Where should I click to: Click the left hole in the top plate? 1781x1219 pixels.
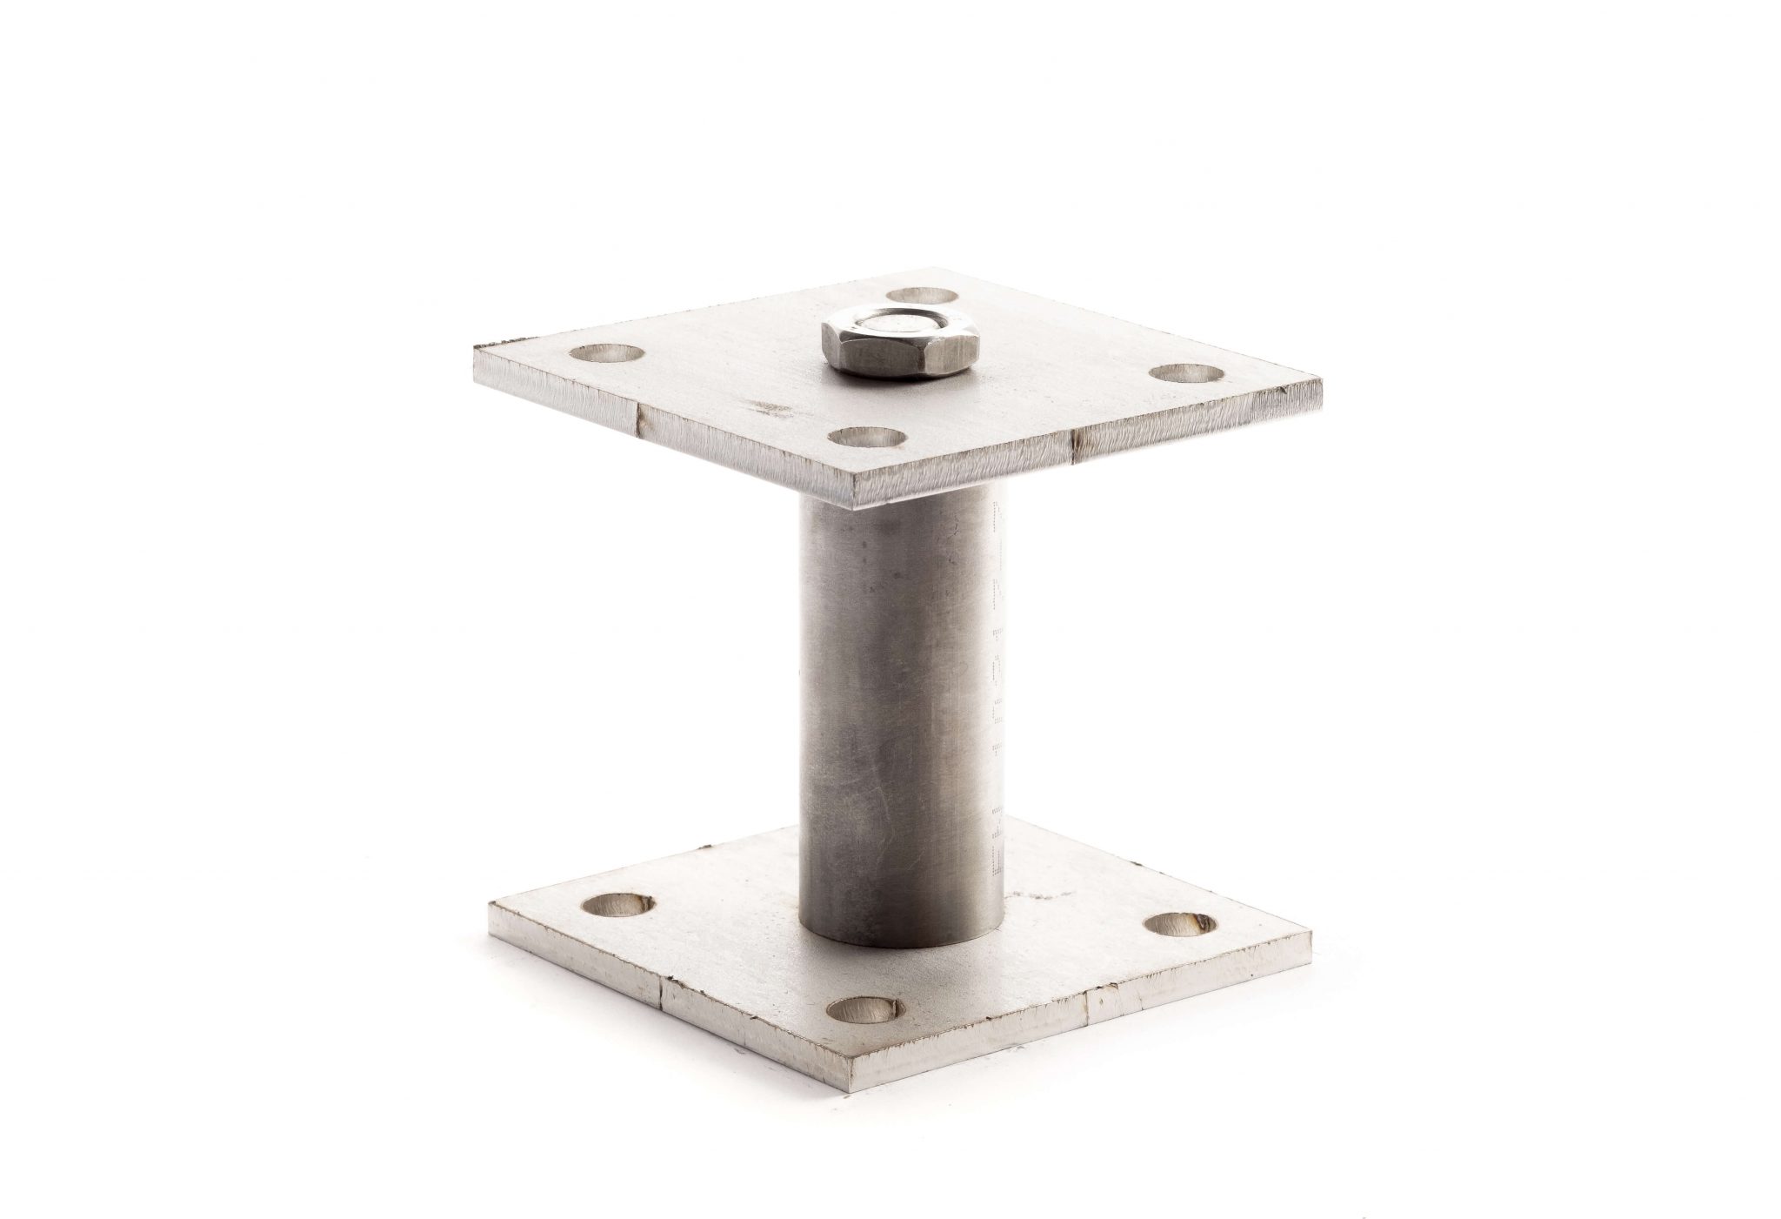point(607,353)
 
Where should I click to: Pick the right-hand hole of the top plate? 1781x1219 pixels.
point(1185,373)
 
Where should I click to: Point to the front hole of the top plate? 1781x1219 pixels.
point(866,435)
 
